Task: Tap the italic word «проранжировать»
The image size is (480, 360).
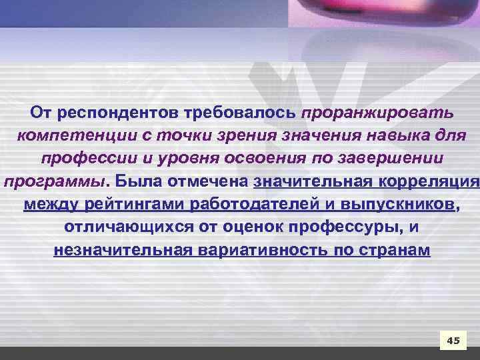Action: pyautogui.click(x=377, y=112)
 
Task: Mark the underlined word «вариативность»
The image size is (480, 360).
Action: pyautogui.click(x=251, y=251)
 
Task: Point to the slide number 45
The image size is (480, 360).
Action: pyautogui.click(x=453, y=341)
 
